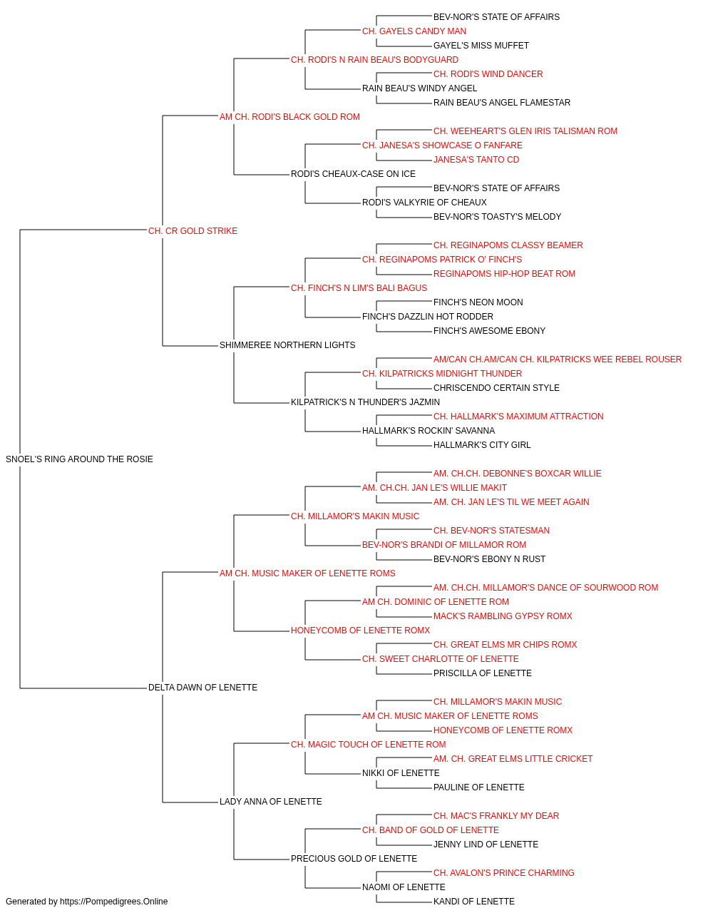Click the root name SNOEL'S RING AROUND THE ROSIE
point(79,459)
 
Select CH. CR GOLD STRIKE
point(193,231)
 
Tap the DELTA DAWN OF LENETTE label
point(202,688)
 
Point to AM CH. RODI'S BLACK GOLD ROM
point(289,117)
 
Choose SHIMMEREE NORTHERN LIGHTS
point(287,345)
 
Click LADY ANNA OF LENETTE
point(271,801)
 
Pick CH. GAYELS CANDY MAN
point(414,31)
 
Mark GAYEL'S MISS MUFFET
point(481,46)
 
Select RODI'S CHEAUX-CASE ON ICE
point(353,174)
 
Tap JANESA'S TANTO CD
point(476,160)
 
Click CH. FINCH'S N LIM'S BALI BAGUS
point(359,287)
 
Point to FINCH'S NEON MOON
point(478,302)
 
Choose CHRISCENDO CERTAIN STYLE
point(496,388)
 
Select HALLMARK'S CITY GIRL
point(482,445)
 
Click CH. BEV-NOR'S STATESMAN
point(491,531)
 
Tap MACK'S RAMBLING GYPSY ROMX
point(503,616)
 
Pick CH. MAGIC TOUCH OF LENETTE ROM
point(368,745)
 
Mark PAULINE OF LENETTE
point(478,787)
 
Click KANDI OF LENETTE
point(474,902)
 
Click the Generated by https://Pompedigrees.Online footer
point(86,902)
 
